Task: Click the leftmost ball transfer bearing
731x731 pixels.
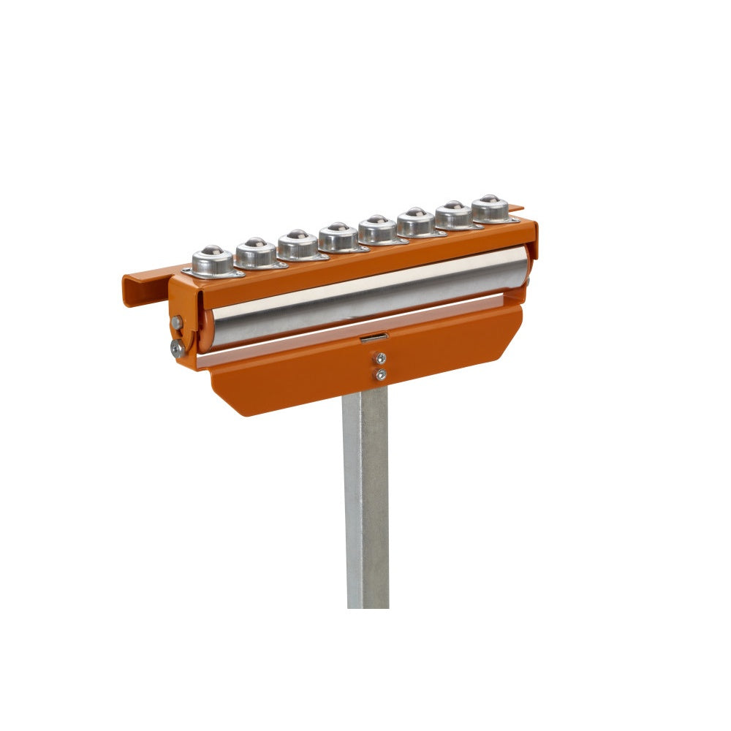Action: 213,259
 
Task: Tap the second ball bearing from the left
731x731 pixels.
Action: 256,251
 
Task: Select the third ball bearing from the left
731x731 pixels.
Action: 298,243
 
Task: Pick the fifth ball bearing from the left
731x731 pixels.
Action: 378,228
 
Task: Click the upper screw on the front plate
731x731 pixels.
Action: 379,358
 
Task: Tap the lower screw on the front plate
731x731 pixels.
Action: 380,375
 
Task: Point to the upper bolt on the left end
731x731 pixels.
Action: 177,322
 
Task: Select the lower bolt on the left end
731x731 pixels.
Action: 178,349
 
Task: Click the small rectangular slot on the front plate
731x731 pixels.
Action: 374,337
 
